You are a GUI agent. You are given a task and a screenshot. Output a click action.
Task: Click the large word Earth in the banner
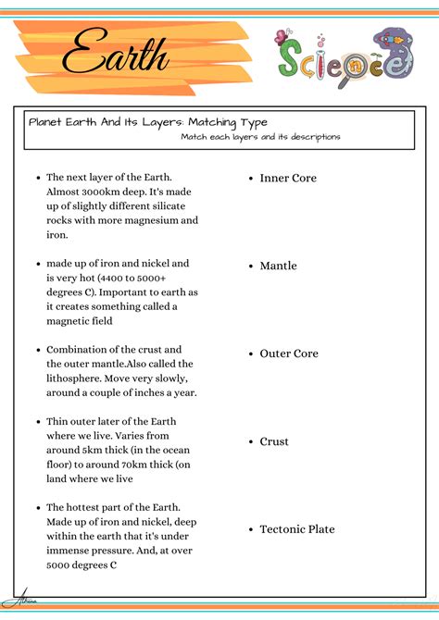[x=117, y=53]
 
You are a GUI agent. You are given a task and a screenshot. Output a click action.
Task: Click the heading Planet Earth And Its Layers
[x=148, y=122]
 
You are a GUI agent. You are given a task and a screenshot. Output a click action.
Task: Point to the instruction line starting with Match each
[x=260, y=137]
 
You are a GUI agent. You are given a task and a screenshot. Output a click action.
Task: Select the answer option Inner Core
[x=288, y=178]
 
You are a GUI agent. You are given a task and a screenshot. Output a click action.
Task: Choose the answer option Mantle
[x=278, y=266]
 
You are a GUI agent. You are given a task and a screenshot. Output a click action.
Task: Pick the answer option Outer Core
[x=289, y=353]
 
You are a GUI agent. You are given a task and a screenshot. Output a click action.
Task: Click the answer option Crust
[x=274, y=441]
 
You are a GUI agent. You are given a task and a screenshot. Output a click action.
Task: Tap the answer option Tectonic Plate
[x=297, y=529]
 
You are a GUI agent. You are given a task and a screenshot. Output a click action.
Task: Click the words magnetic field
[x=80, y=321]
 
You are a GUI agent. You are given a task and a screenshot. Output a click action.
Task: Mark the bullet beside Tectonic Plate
[x=251, y=529]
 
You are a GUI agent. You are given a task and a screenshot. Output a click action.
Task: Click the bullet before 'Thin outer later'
[x=38, y=421]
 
